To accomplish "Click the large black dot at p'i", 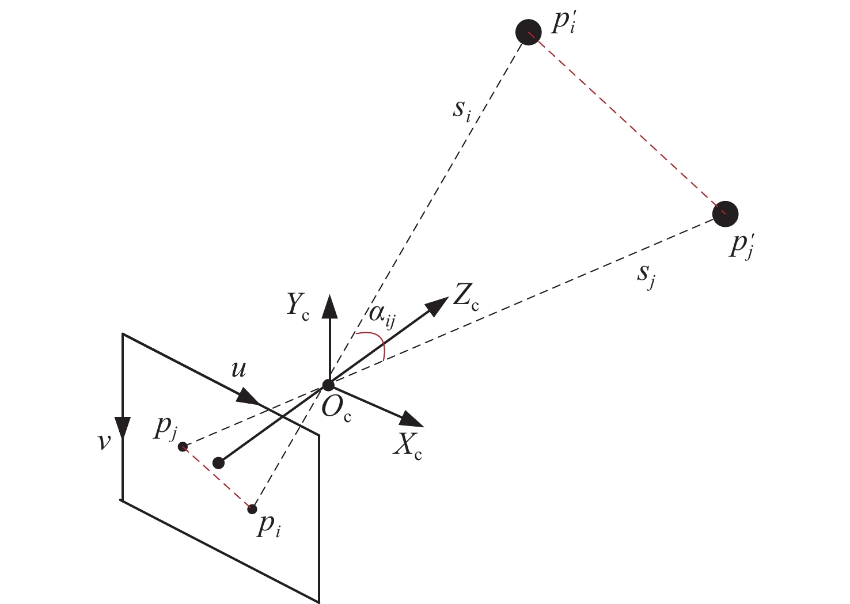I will [528, 32].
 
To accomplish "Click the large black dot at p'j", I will [725, 214].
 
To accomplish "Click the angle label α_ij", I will [381, 316].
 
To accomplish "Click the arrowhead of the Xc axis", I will [413, 420].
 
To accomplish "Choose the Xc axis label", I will [407, 447].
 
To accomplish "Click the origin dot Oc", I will [328, 385].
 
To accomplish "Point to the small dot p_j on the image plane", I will [183, 447].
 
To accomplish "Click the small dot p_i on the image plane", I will [252, 509].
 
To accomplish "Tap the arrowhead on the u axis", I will [248, 396].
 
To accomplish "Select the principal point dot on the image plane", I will [218, 463].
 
